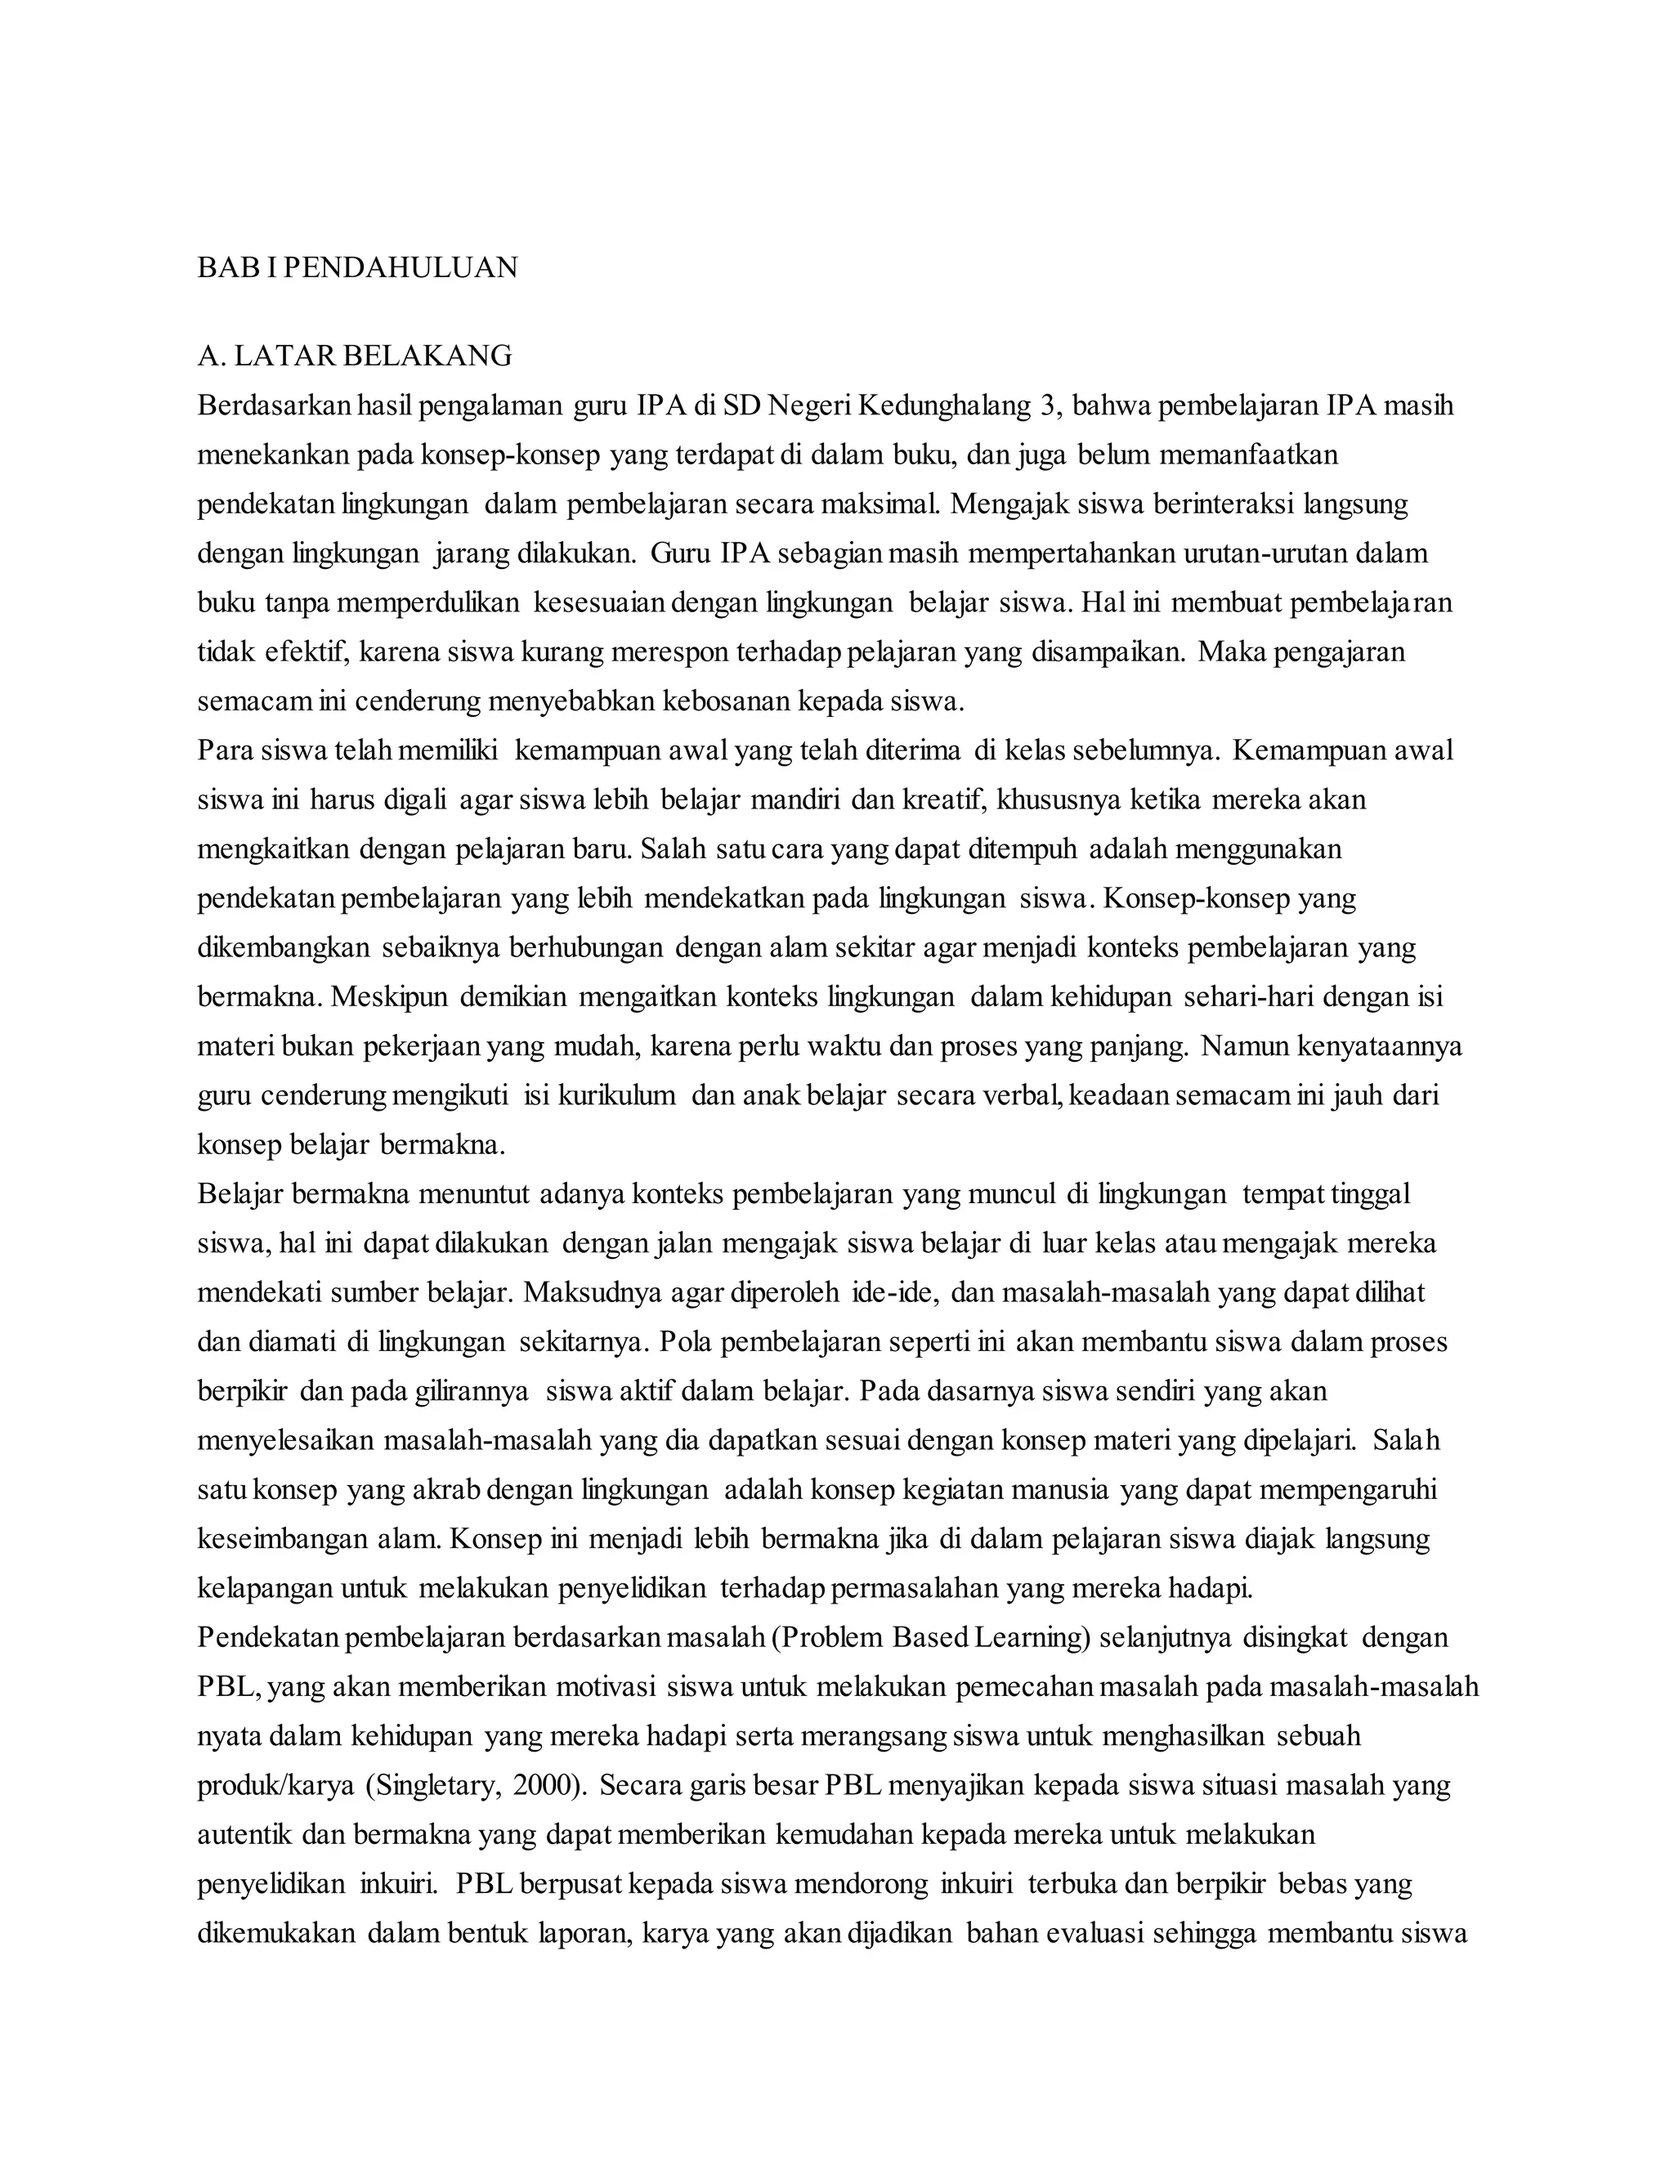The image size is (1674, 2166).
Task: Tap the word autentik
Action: pos(244,1835)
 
